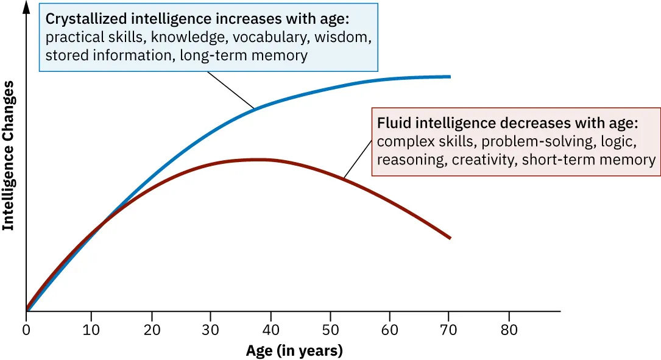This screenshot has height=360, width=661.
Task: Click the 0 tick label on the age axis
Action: click(x=26, y=330)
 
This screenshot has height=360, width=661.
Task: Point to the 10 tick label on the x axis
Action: click(x=91, y=330)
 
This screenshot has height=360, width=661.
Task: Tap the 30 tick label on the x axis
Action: click(x=210, y=330)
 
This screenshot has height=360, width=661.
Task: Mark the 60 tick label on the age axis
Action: click(x=390, y=330)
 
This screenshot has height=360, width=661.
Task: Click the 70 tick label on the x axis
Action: click(x=450, y=330)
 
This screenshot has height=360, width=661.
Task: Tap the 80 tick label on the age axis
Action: click(x=509, y=330)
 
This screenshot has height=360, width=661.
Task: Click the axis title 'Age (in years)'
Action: click(x=294, y=351)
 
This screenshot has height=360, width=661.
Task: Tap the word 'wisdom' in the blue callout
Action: click(x=344, y=38)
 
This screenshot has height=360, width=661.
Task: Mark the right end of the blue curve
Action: click(x=450, y=76)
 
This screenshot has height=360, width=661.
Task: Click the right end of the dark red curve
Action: click(x=450, y=238)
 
